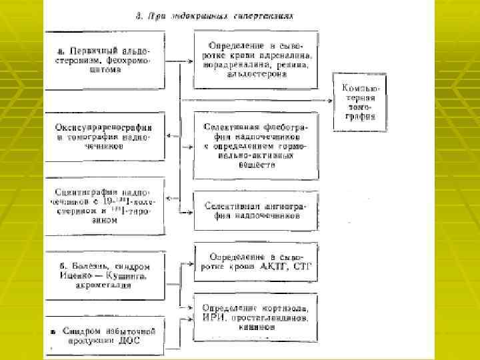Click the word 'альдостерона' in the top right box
(256, 75)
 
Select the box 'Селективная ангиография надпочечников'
(256, 211)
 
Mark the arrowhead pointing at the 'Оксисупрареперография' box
(168, 136)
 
